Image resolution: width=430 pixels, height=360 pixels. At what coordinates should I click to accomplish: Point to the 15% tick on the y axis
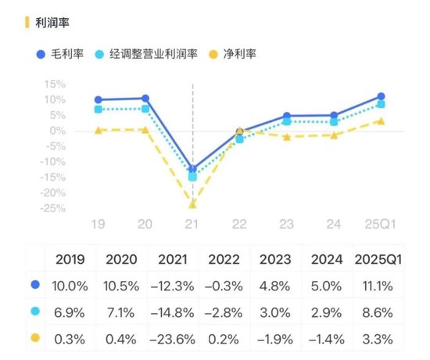[54, 84]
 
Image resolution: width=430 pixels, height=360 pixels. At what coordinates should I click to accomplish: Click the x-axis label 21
[192, 225]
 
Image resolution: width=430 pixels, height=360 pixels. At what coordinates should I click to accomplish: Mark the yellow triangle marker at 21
[192, 204]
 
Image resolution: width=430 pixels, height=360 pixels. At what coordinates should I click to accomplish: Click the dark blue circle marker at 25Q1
[381, 96]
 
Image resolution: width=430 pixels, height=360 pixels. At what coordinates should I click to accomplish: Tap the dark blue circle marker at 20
[145, 99]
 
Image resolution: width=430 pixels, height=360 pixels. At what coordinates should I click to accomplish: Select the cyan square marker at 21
[192, 177]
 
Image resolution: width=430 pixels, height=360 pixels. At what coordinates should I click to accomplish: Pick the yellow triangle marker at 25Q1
[381, 121]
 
